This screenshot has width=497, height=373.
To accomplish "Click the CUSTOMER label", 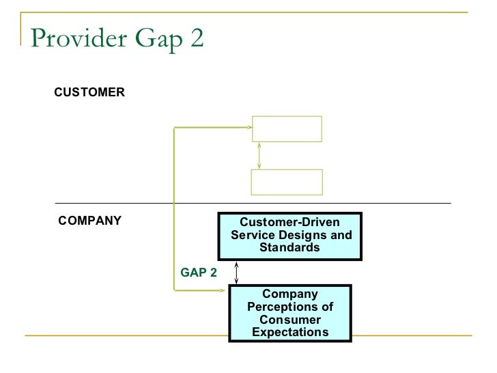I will coord(89,92).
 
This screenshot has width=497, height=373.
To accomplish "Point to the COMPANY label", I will coord(90,221).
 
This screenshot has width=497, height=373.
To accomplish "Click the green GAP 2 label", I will coord(199,273).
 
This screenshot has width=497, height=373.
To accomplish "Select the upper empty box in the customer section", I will coord(287,128).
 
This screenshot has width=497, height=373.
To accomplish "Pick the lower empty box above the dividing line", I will coord(287,182).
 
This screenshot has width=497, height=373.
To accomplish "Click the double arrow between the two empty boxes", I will coord(259,155).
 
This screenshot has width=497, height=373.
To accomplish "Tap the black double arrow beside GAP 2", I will coord(236,273).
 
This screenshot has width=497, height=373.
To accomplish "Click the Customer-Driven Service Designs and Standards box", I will coord(289,236).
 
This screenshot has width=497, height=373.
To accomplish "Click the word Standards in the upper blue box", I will coord(289,247).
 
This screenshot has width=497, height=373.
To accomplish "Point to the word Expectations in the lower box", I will coord(290,333).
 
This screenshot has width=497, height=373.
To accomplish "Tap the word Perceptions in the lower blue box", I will coord(290,307).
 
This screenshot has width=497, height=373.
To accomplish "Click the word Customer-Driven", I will coord(289,223).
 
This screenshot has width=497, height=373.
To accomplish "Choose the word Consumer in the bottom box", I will coord(290,320).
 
